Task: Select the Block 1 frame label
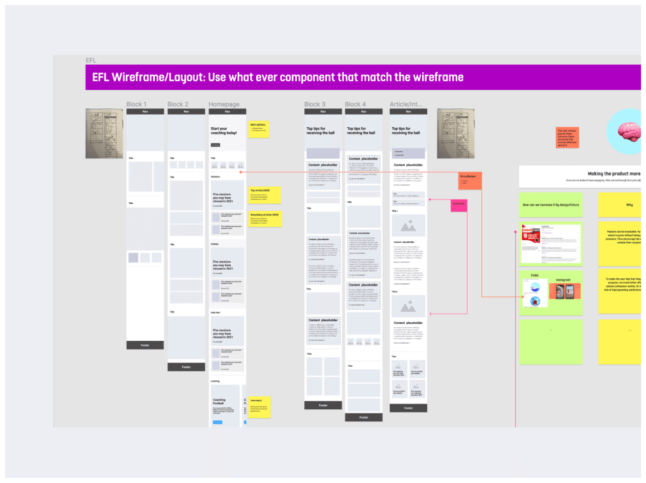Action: click(136, 104)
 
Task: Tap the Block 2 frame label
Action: click(178, 104)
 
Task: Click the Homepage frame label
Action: click(224, 104)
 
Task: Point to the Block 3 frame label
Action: click(315, 104)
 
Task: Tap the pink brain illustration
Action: click(629, 131)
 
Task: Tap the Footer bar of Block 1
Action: click(145, 345)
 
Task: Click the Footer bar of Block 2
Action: click(186, 367)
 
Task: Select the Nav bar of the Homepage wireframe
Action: click(227, 112)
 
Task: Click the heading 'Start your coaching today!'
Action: click(224, 131)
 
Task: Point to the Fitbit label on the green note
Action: click(535, 275)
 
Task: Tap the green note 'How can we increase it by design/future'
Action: click(551, 205)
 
